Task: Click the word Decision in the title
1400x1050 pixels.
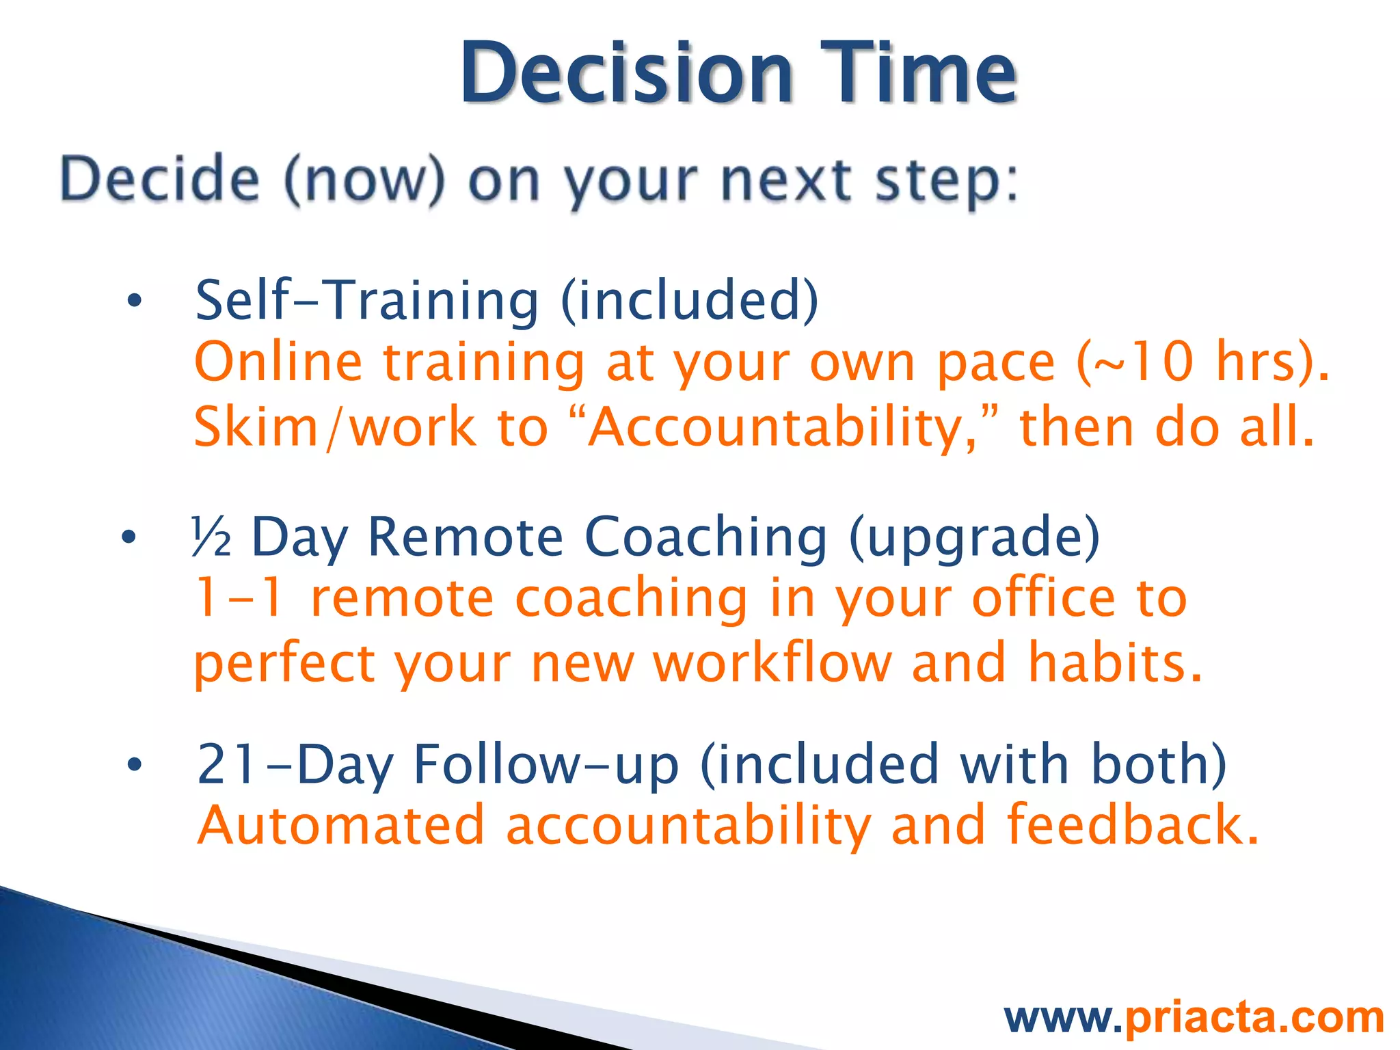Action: (x=626, y=73)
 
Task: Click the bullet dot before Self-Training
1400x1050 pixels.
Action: (x=134, y=300)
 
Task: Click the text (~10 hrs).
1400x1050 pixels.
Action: (x=1203, y=362)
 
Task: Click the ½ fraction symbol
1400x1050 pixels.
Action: (x=211, y=537)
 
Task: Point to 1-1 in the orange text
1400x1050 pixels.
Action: (x=239, y=598)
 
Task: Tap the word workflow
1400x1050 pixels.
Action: (x=772, y=663)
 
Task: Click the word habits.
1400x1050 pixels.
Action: (x=1114, y=663)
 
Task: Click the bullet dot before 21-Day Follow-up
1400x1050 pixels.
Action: (x=134, y=765)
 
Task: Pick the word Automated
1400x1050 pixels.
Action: (x=341, y=826)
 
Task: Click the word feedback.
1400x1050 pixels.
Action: (x=1131, y=826)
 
